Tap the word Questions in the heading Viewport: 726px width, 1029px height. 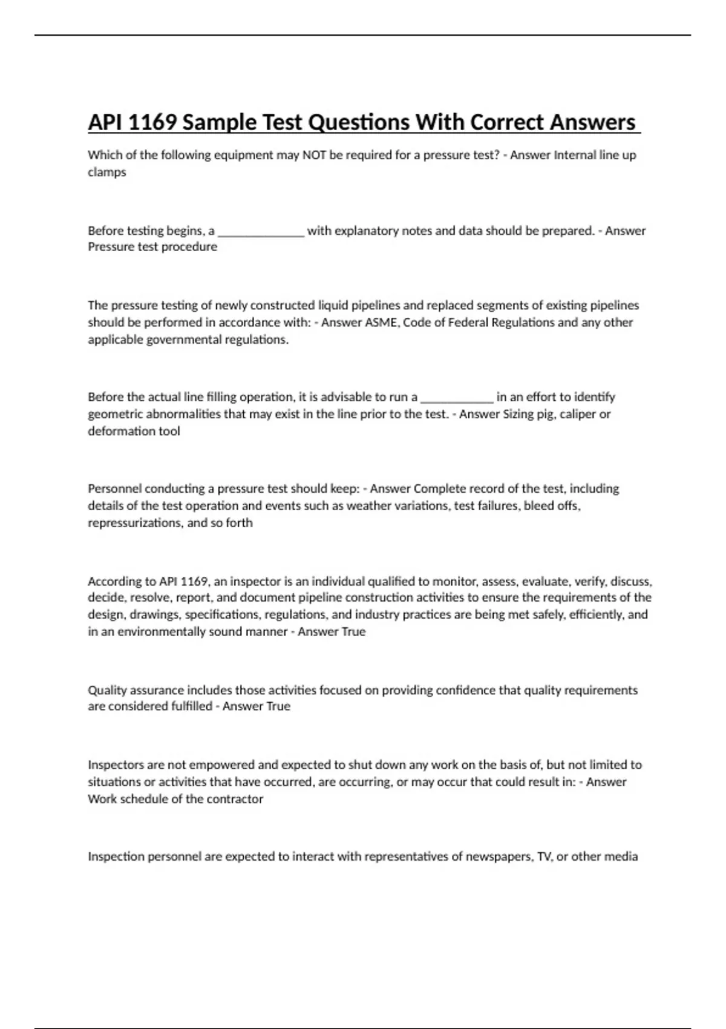pos(351,122)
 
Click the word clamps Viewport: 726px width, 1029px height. pos(107,172)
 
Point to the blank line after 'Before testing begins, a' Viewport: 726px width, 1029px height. pos(261,232)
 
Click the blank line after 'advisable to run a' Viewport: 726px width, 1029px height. pos(457,398)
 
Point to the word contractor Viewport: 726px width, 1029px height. pos(235,799)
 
